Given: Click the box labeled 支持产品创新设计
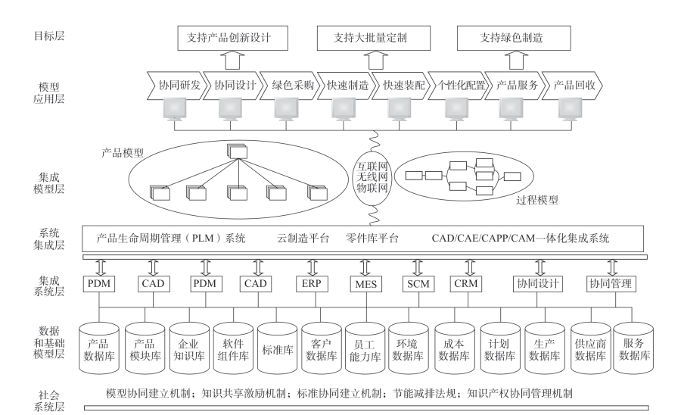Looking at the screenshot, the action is click(x=233, y=38).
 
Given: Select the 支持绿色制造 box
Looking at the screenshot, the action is click(x=514, y=38).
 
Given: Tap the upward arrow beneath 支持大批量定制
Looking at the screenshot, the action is click(x=375, y=60).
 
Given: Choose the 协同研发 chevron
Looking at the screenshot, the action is click(x=175, y=85).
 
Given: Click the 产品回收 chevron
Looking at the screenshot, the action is click(x=573, y=85).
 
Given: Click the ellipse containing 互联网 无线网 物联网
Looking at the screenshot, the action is click(x=372, y=177).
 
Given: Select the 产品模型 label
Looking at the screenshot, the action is click(x=122, y=153).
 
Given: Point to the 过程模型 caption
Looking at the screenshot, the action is click(x=536, y=201).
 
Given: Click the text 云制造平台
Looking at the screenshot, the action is click(x=303, y=238).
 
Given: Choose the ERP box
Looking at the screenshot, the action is click(x=312, y=284).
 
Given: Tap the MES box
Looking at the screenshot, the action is click(x=366, y=284).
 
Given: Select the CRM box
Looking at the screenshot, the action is click(x=466, y=284).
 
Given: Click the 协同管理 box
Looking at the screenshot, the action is click(x=611, y=284).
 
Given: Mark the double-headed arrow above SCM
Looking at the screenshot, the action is click(x=418, y=267).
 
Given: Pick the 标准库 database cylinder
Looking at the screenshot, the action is click(x=278, y=348).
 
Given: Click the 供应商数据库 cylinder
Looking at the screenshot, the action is click(x=591, y=348).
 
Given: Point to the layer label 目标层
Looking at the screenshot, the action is click(x=49, y=36).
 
